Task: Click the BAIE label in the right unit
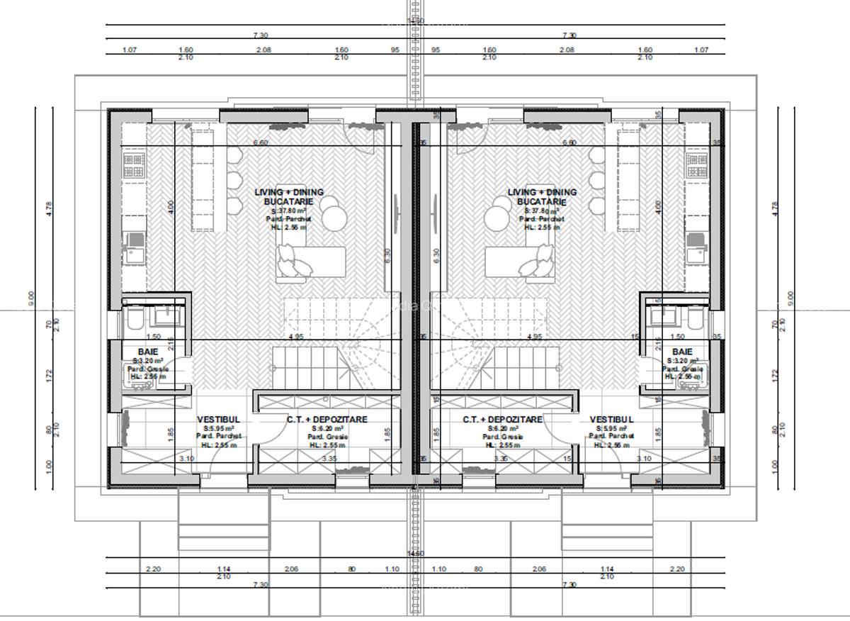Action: [x=682, y=352]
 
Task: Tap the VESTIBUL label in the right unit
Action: [x=611, y=420]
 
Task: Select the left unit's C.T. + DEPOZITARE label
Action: [x=327, y=420]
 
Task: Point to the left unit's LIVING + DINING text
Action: [x=289, y=192]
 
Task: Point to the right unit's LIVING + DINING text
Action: [x=542, y=192]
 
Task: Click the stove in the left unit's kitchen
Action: [x=134, y=165]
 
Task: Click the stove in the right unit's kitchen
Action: [x=696, y=165]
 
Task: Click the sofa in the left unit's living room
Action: [x=312, y=264]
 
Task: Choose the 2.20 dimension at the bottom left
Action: [x=152, y=569]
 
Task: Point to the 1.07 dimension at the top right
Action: [x=701, y=50]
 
